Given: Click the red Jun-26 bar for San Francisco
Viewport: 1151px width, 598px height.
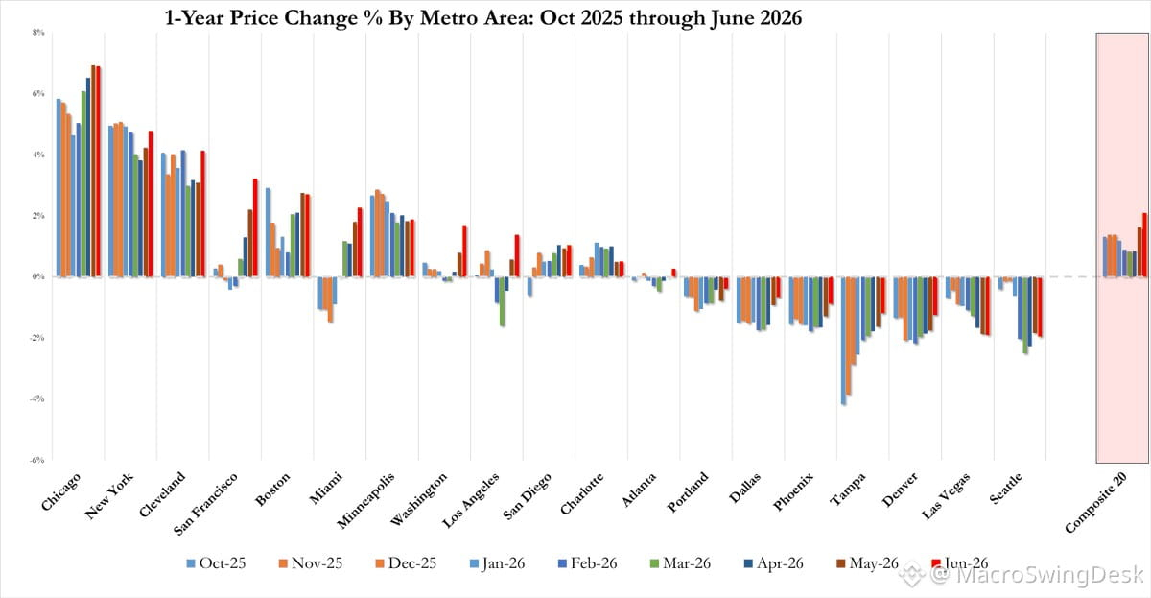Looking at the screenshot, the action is point(255,227).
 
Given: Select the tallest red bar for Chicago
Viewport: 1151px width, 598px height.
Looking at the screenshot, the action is point(98,172).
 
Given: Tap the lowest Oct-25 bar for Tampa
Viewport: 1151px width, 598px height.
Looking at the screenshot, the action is point(844,341).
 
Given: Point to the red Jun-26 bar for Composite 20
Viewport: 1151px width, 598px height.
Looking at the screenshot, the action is point(1144,245).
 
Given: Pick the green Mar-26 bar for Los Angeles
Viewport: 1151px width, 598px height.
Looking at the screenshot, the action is point(502,301).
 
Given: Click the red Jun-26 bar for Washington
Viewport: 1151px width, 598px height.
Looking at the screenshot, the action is point(464,251).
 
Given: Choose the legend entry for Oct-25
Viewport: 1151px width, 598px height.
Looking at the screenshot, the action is point(217,563).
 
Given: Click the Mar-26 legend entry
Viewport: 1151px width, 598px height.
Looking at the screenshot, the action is point(680,563).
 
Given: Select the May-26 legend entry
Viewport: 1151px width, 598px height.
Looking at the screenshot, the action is point(867,563).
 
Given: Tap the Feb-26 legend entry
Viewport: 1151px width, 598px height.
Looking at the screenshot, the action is point(587,563).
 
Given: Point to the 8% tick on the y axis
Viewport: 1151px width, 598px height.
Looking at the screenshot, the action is point(38,33).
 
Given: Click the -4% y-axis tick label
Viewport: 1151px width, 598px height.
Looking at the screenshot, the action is point(37,399).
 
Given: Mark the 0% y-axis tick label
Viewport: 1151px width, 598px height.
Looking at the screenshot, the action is point(38,276).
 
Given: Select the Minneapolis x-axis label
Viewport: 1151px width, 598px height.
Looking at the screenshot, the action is point(365,500).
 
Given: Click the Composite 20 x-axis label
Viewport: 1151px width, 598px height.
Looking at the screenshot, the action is point(1096,502).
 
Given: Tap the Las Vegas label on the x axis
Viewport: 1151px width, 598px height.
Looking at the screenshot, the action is point(946,495).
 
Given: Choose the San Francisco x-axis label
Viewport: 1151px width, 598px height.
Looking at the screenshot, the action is point(205,503).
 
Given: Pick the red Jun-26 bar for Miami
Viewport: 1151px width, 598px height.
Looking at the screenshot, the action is point(360,242).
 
